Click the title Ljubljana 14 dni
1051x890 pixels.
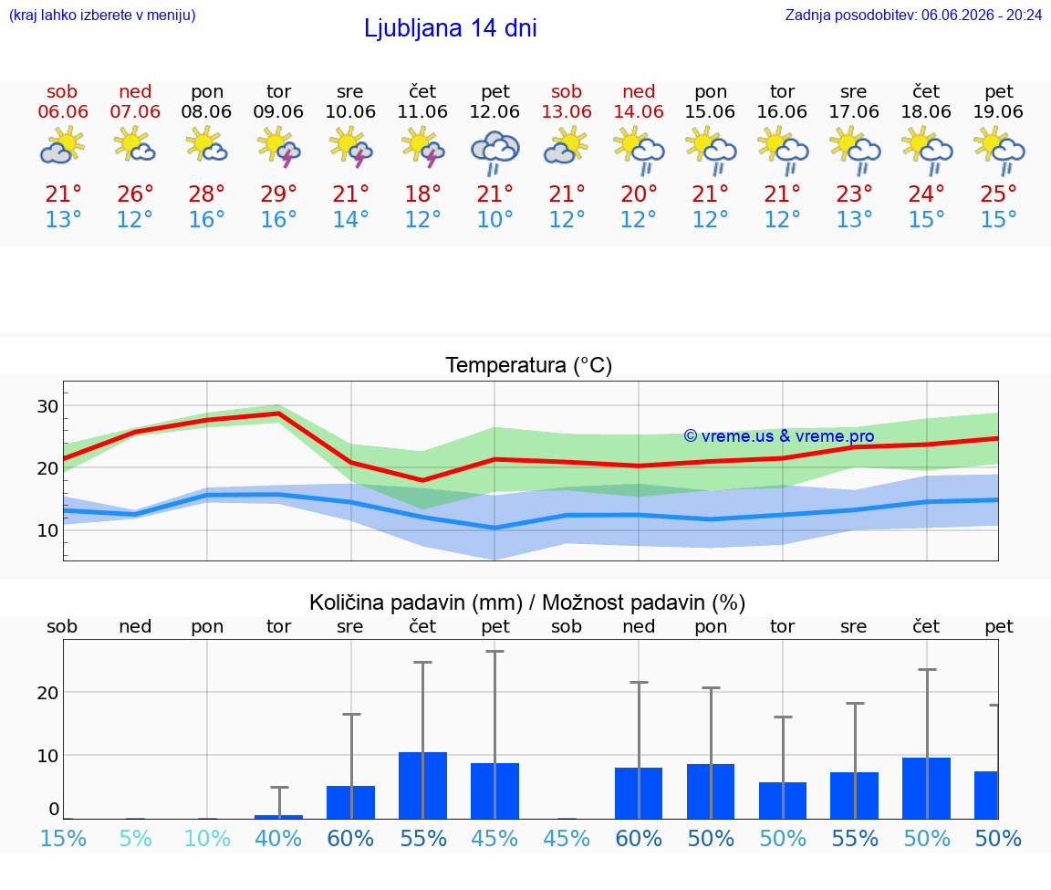coord(451,28)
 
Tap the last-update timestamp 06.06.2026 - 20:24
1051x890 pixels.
coord(982,15)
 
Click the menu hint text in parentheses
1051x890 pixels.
coord(102,15)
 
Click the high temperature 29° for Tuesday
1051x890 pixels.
coord(278,194)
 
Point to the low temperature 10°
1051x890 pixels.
coord(494,219)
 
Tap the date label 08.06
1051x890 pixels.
coord(206,111)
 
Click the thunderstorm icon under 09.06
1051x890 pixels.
coord(278,148)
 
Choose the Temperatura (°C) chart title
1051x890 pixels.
coord(529,365)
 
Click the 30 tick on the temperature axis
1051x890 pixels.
coord(47,406)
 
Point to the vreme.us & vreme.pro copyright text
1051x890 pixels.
coord(779,436)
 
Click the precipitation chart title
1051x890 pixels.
coord(526,602)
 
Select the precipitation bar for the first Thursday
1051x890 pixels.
coord(423,785)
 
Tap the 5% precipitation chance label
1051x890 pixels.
coord(135,838)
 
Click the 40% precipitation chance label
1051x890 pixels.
coord(278,838)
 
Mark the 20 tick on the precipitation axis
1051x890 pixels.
coord(47,692)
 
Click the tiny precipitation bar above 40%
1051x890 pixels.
coord(279,817)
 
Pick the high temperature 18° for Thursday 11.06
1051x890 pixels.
coord(422,194)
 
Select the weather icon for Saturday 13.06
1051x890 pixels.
coord(567,148)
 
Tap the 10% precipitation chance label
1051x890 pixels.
coord(207,838)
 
